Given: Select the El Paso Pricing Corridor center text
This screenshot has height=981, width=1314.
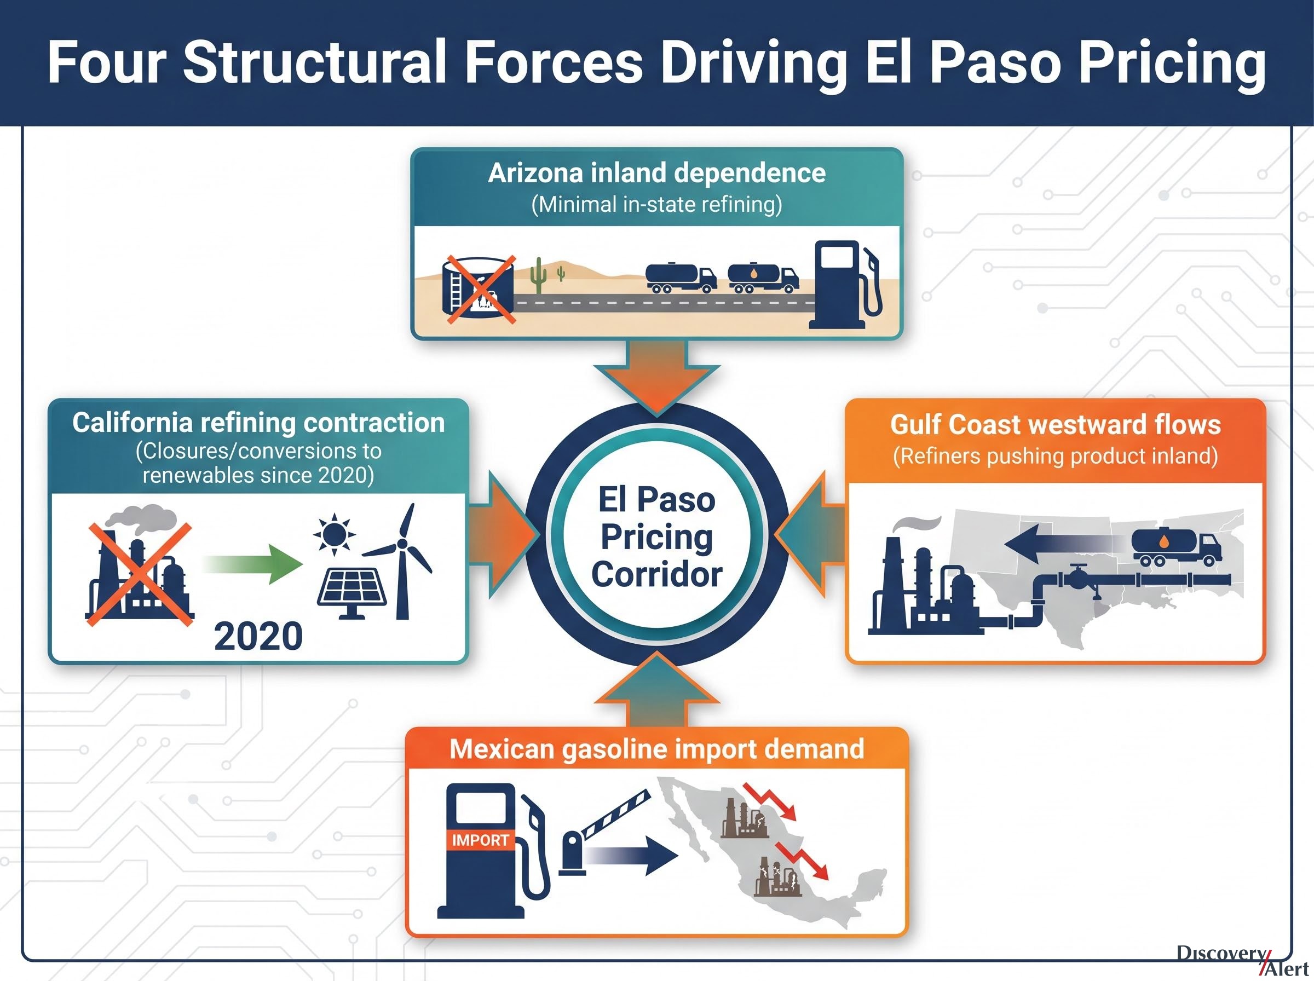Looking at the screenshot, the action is coord(656,537).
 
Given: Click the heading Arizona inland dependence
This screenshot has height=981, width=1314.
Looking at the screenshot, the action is coord(656,173).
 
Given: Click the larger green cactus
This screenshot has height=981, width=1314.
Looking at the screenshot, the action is coord(539,275).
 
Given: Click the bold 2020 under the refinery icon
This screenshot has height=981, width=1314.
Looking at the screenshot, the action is coord(258,637).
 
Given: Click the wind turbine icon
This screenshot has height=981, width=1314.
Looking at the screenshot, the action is coord(401,561).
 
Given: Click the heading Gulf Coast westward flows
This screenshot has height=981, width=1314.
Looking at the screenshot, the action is coord(1055,424).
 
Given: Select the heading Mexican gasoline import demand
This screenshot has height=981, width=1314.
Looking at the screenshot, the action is coord(656,749).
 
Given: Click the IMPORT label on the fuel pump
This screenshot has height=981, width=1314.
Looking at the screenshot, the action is coord(480,840).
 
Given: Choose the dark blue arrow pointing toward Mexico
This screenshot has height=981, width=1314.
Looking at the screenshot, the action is coord(632,856).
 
